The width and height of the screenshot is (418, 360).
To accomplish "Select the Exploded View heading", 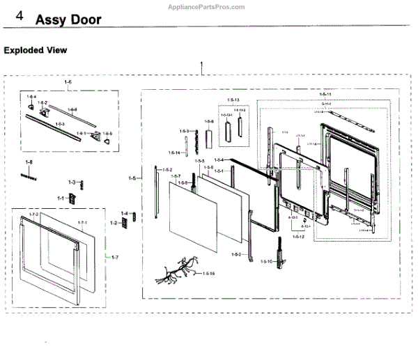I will tap(36, 50).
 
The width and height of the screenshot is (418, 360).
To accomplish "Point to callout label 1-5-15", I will tap(208, 274).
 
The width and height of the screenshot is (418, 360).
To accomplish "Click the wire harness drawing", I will tap(177, 271).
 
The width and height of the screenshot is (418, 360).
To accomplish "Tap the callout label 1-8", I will tap(29, 162).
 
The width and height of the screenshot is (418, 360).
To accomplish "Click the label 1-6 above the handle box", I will tap(68, 82).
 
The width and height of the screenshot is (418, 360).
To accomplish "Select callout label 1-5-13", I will tap(233, 100).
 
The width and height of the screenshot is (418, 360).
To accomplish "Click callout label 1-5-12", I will tap(298, 237).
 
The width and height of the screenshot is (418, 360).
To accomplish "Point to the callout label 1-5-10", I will tap(267, 261).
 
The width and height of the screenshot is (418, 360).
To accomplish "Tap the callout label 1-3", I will tap(72, 182).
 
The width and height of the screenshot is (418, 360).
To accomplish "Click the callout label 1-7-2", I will tap(33, 214).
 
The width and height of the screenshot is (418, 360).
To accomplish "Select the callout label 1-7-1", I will tap(82, 222).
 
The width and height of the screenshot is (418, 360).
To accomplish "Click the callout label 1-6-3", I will tap(60, 123).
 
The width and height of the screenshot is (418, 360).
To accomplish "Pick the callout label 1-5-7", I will tap(176, 175).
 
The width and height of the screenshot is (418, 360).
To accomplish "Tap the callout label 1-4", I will tap(124, 213).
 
